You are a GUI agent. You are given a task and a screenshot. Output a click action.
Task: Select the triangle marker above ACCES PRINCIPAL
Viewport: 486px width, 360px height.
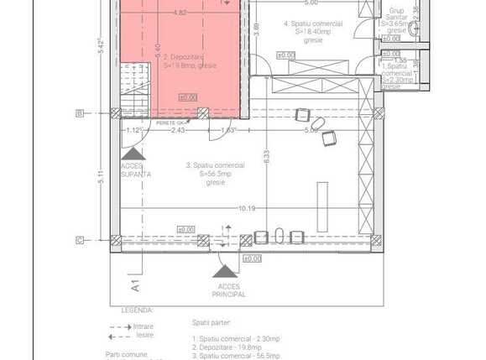pyautogui.click(x=224, y=270)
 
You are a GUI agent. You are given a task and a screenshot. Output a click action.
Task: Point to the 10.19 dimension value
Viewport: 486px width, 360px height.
pyautogui.click(x=246, y=208)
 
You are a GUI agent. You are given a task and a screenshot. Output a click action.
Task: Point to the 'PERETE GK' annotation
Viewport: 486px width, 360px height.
pyautogui.click(x=170, y=123)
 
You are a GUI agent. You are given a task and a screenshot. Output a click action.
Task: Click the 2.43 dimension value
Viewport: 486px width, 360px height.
pyautogui.click(x=177, y=130)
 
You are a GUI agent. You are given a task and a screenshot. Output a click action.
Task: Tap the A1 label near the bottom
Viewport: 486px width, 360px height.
pyautogui.click(x=133, y=286)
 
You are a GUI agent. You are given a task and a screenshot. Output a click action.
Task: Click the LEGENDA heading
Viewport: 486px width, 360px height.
pyautogui.click(x=137, y=310)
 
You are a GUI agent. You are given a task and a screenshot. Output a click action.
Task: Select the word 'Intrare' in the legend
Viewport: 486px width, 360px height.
pyautogui.click(x=144, y=326)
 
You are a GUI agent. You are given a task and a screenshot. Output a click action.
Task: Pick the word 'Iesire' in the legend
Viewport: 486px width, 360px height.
pyautogui.click(x=144, y=334)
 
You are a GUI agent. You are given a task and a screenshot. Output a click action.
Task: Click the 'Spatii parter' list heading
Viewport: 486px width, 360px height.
pyautogui.click(x=211, y=321)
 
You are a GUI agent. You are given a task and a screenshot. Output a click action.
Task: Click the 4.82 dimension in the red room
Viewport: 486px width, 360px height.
pyautogui.click(x=180, y=13)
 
